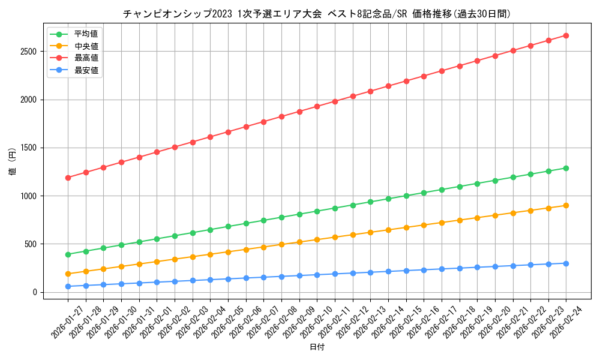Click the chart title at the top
pyautogui.click(x=316, y=14)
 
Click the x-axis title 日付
pyautogui.click(x=317, y=348)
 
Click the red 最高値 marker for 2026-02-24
pyautogui.click(x=566, y=35)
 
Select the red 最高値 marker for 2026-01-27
pyautogui.click(x=68, y=178)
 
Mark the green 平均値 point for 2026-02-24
pyautogui.click(x=566, y=168)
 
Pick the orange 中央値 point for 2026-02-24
pyautogui.click(x=566, y=205)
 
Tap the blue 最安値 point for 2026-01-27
pyautogui.click(x=68, y=286)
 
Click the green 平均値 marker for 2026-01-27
pyautogui.click(x=68, y=254)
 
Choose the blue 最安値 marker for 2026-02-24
pyautogui.click(x=566, y=263)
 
